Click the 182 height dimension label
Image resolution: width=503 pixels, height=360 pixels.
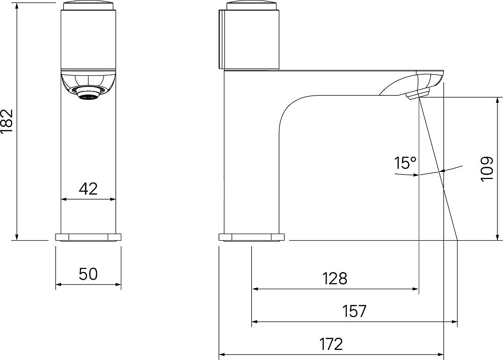(7, 121)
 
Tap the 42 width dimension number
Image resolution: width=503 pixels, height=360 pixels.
(88, 189)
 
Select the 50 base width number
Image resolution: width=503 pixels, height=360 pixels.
(88, 275)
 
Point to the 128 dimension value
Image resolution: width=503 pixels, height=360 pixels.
(335, 279)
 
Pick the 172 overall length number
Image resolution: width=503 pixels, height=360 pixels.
(331, 345)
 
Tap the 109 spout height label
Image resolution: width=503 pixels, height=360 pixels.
(487, 169)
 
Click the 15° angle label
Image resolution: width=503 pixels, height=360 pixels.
(405, 163)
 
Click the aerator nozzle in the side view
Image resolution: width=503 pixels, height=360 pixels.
(418, 95)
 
